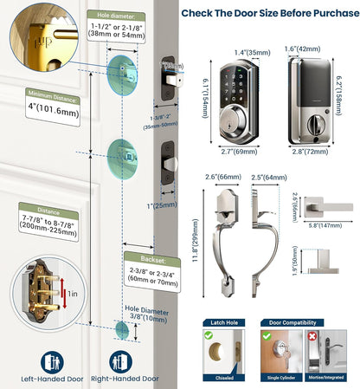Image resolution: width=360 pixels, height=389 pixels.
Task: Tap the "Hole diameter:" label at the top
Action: click(x=118, y=15)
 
